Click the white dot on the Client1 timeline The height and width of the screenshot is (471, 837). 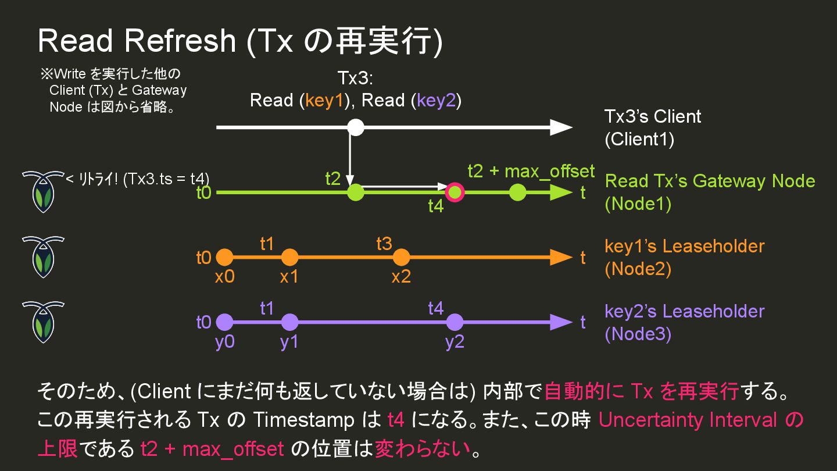355,127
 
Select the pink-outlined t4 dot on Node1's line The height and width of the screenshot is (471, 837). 455,192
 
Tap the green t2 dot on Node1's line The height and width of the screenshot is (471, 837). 355,192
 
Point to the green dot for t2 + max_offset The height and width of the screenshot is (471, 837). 517,192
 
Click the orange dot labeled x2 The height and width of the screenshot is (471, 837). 401,257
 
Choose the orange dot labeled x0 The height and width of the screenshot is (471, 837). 224,257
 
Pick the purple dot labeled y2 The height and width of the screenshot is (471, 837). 455,322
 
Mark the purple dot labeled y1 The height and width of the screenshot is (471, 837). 289,322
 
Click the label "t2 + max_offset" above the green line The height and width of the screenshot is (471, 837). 531,171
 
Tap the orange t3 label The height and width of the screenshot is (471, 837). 384,244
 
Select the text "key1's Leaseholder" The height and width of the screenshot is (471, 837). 684,246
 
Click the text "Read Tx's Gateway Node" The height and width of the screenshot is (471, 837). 710,181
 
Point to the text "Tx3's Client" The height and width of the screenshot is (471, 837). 653,116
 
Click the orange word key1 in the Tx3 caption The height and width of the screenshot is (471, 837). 325,101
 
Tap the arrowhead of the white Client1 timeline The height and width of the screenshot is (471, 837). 561,127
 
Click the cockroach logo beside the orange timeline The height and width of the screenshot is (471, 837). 43,257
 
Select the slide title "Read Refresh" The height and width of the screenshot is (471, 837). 137,41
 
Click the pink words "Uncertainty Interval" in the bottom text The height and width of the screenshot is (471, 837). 688,420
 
